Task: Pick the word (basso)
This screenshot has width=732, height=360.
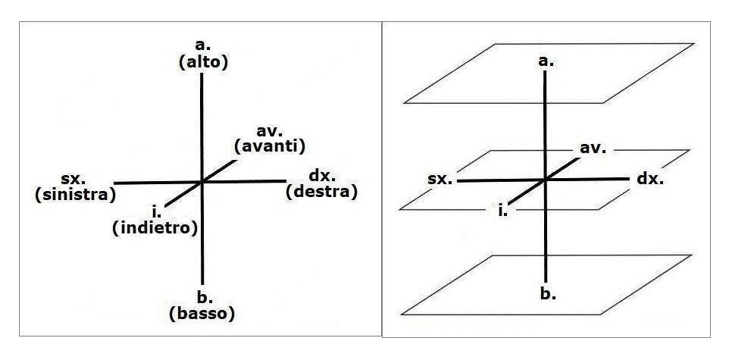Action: click(x=202, y=311)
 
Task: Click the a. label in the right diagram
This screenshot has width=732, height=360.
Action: click(x=545, y=60)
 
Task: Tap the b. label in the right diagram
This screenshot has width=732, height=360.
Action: click(x=548, y=293)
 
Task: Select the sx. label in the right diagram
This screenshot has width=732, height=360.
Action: click(x=440, y=180)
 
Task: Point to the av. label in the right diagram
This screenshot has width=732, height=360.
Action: click(x=593, y=148)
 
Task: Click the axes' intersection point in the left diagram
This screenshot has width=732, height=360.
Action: click(x=202, y=182)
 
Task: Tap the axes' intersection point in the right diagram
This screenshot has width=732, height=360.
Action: click(x=545, y=180)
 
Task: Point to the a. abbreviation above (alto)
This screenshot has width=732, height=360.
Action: click(x=202, y=49)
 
